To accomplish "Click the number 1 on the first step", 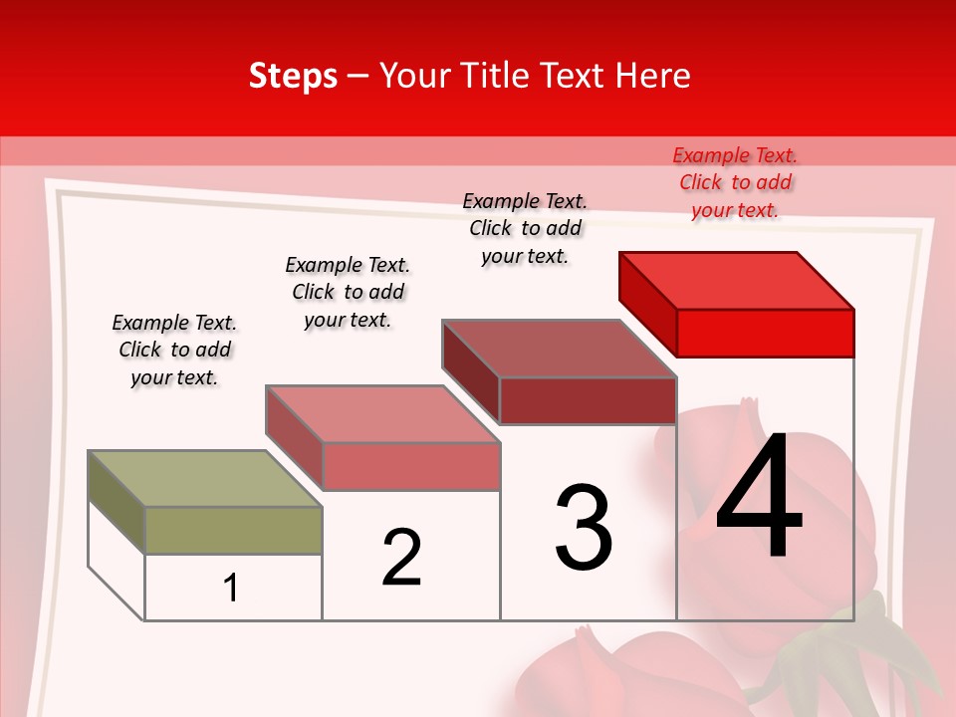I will [231, 588].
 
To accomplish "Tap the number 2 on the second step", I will [401, 557].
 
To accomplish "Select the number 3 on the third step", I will [584, 528].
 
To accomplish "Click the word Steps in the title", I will [293, 76].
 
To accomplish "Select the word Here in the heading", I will [655, 76].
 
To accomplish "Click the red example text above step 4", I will [735, 182].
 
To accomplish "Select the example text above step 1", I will [174, 350].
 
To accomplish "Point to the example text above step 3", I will [525, 228].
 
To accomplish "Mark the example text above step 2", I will [348, 292].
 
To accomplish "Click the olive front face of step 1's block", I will [233, 530].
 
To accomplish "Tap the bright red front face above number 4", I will [765, 333].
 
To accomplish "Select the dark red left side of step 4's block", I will [647, 303].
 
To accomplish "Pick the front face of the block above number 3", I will [588, 400].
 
